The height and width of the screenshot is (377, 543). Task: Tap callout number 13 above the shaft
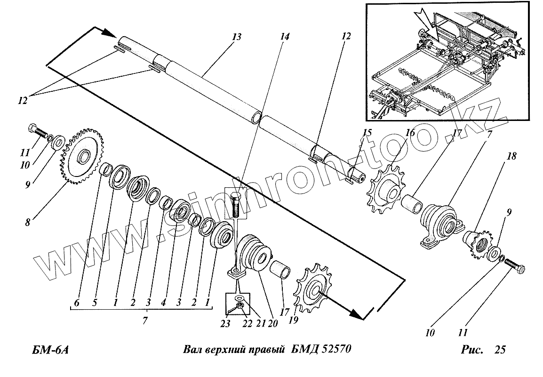coord(236,37)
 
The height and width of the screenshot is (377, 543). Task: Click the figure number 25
coord(500,350)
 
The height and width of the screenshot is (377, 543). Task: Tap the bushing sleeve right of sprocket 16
coord(413,204)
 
